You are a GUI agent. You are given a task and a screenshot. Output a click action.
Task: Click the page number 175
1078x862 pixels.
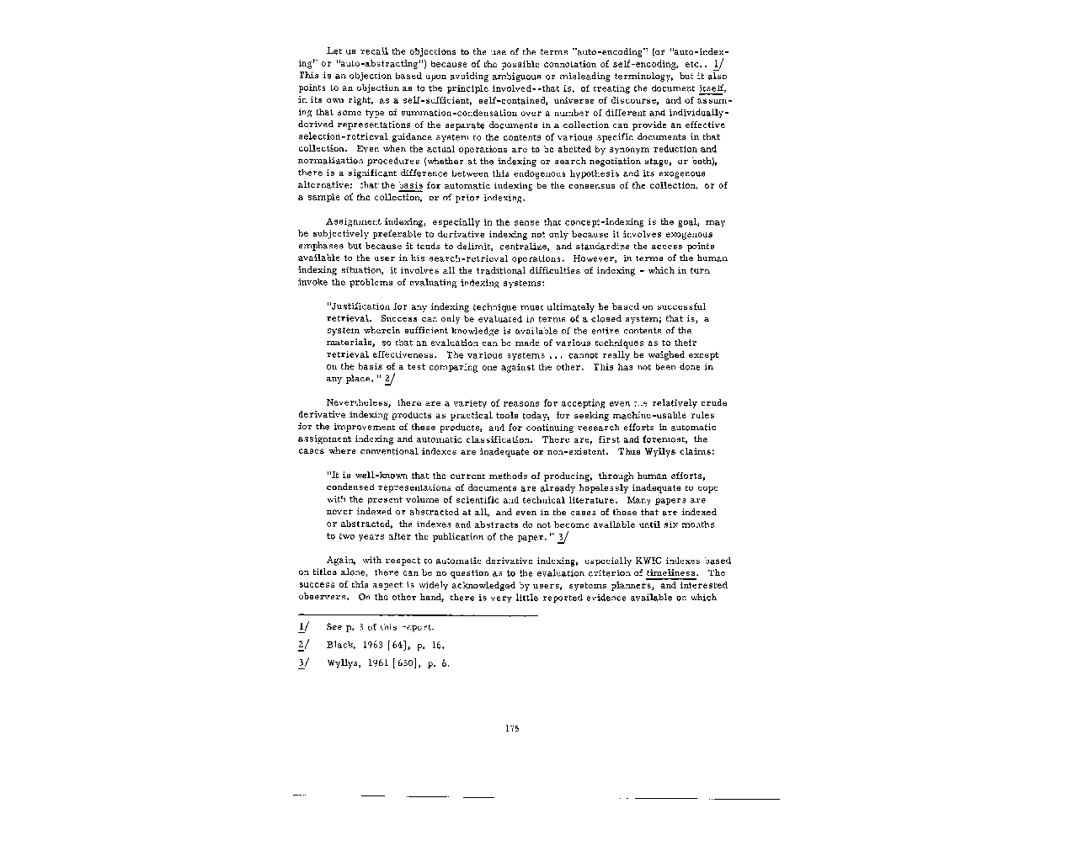point(512,728)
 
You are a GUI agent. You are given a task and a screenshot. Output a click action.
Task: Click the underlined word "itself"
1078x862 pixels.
point(712,88)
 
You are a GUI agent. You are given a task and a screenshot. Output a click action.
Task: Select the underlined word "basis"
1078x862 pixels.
point(410,185)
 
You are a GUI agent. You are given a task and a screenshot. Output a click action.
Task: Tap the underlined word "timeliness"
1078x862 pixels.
point(670,572)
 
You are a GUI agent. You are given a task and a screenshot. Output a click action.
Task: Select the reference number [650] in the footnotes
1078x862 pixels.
point(404,662)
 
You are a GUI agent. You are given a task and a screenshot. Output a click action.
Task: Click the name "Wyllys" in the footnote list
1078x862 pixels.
point(342,662)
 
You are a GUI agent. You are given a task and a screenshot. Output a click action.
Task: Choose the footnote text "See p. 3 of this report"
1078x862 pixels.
point(381,628)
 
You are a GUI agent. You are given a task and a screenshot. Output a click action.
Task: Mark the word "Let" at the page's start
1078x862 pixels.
point(334,51)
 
